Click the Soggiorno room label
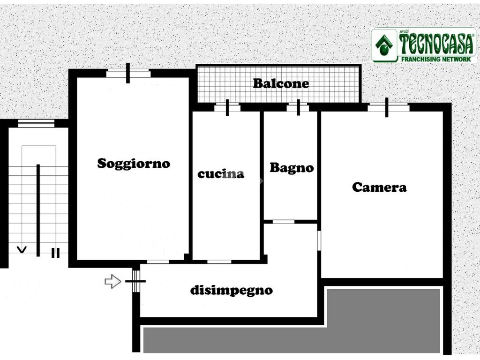pos(134,164)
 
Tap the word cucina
pos(221,174)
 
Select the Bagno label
pos(292,168)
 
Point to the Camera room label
pos(379,187)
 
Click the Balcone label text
pos(281,84)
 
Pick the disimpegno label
pos(231,290)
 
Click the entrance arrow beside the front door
pos(112,281)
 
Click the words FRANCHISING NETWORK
pos(436,59)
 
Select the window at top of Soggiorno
pos(128,74)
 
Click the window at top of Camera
pos(387,107)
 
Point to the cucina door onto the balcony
pos(227,107)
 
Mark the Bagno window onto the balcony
pos(298,107)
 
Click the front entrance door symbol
pos(135,281)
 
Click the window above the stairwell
pos(36,123)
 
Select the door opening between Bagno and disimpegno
pos(284,221)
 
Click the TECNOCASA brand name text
pos(436,44)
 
